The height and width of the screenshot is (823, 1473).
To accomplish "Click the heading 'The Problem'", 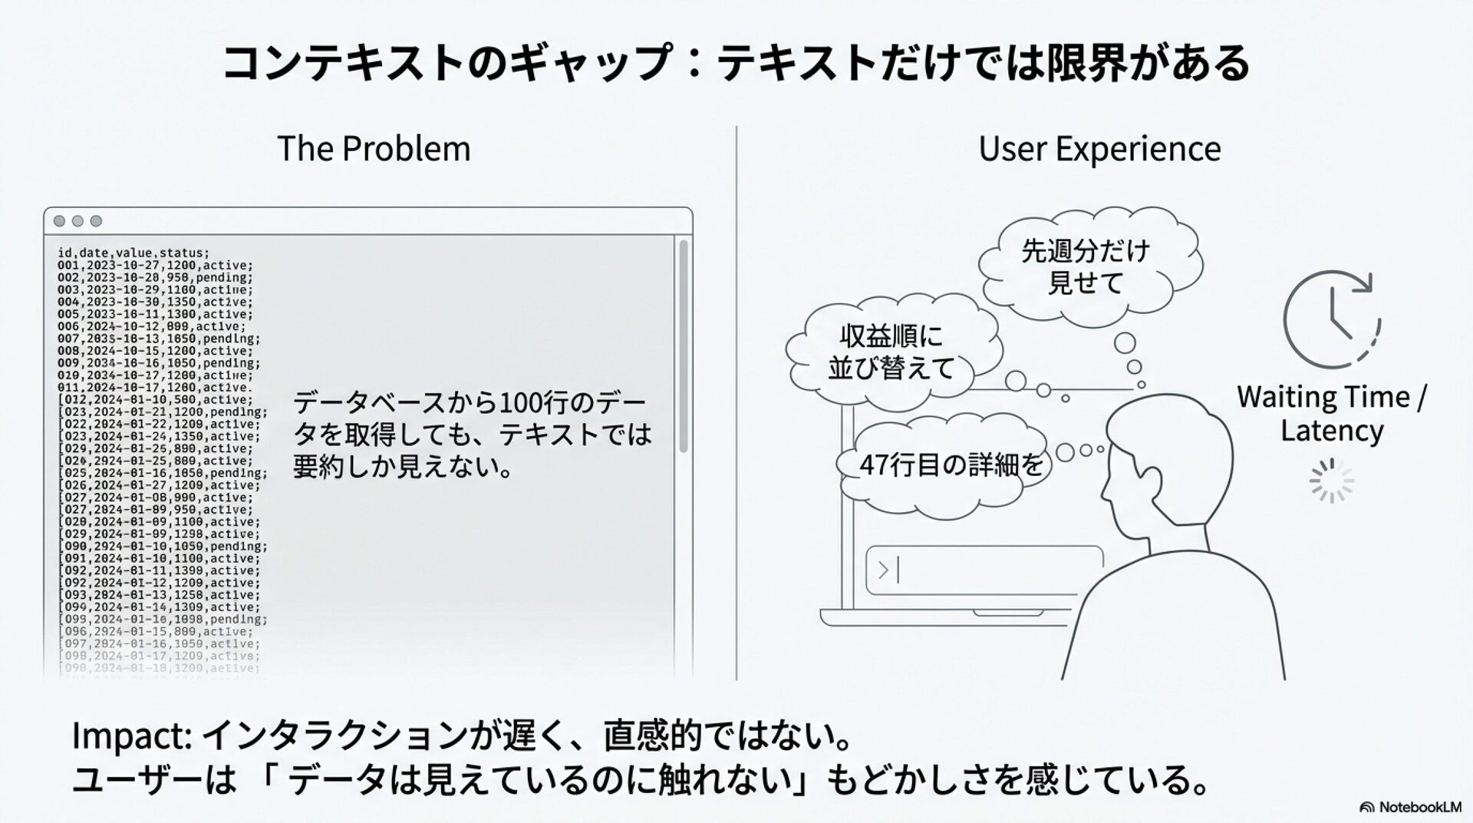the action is [x=374, y=148].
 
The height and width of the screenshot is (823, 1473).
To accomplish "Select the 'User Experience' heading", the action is [x=1099, y=148].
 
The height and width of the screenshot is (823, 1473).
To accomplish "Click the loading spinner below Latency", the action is [x=1331, y=481].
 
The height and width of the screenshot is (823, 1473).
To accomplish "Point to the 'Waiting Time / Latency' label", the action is [x=1331, y=413].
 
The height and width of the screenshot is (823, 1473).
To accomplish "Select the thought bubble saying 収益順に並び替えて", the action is [x=890, y=352].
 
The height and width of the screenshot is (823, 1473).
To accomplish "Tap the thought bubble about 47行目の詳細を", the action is [x=951, y=465].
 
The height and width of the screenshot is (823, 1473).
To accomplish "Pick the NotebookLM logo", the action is [x=1410, y=807].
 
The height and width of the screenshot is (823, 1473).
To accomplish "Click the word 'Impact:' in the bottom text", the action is [x=131, y=735].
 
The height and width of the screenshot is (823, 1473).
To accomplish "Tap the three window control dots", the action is [x=77, y=221].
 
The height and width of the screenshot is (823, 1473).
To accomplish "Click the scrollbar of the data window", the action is [x=683, y=345].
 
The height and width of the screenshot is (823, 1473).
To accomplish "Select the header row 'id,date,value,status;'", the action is [x=133, y=253].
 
